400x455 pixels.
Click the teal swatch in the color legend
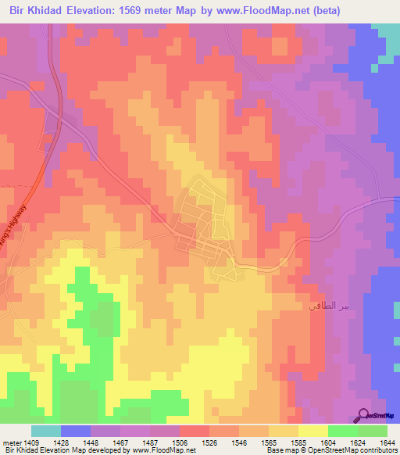[x=45, y=431]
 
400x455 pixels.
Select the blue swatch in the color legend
[x=76, y=431]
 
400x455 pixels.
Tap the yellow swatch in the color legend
[x=312, y=431]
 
